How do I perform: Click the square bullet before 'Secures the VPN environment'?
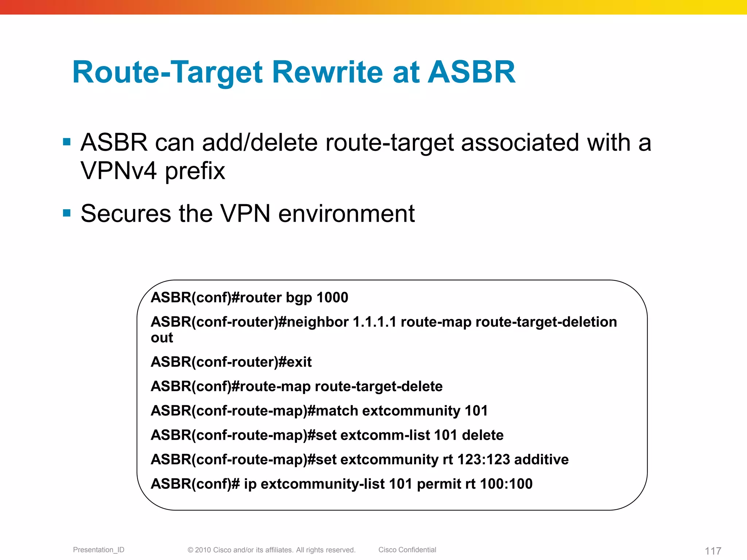[67, 213]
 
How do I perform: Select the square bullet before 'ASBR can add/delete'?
[67, 142]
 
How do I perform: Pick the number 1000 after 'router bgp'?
[332, 297]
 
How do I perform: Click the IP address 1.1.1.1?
[375, 322]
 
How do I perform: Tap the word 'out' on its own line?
[162, 338]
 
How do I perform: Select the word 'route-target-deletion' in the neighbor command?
[546, 322]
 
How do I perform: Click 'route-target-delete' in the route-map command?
[379, 386]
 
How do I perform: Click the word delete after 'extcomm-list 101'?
[483, 435]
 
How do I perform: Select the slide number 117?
[713, 551]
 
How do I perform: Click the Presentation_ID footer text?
[98, 550]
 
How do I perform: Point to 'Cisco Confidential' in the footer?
[407, 550]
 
